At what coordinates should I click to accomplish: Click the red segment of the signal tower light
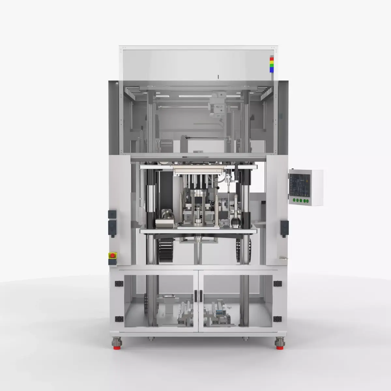pyautogui.click(x=271, y=59)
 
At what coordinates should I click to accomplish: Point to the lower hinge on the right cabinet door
pyautogui.click(x=277, y=318)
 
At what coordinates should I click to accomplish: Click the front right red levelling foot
pyautogui.click(x=279, y=347)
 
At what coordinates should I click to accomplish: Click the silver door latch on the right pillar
pyautogui.click(x=284, y=258)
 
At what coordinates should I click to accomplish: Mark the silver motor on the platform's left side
pyautogui.click(x=166, y=222)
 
